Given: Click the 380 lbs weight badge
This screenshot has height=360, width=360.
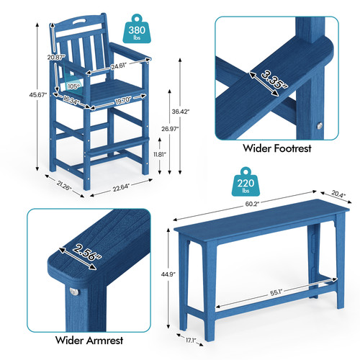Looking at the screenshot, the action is point(137,30).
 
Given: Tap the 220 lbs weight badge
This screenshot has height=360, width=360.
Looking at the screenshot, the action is point(246,182).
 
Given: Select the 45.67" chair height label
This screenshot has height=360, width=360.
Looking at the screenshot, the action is point(38,95).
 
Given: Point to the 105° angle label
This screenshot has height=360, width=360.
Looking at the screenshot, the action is point(74,86).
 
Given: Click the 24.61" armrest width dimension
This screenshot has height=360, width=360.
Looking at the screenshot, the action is point(119,66).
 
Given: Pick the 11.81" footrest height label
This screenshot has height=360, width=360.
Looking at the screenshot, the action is point(160,154).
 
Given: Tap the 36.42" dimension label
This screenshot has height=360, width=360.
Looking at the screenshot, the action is point(181,112).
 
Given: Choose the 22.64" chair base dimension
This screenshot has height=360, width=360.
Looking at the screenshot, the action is point(121,187).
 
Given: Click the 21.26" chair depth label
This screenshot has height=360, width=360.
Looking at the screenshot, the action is point(64,185).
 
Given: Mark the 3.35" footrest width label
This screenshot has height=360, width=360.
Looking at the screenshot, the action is point(274,79).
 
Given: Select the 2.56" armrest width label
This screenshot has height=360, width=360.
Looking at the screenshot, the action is point(87,252).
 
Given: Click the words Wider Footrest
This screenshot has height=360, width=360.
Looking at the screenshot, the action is point(277,148).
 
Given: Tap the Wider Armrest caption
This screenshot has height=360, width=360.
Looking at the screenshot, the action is point(89,341).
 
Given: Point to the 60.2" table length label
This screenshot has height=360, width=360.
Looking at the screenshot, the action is point(252,204).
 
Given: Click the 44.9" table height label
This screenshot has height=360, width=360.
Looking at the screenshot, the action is point(168,274).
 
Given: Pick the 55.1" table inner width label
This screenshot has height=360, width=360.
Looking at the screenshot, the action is point(276,293).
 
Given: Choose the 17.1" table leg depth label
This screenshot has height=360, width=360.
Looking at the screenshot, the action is point(191,340).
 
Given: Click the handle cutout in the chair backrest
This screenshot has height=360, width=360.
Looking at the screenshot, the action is point(81,21).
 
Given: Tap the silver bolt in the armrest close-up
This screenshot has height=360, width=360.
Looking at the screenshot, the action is point(74,292).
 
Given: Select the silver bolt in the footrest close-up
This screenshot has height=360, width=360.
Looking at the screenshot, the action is point(319,125).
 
